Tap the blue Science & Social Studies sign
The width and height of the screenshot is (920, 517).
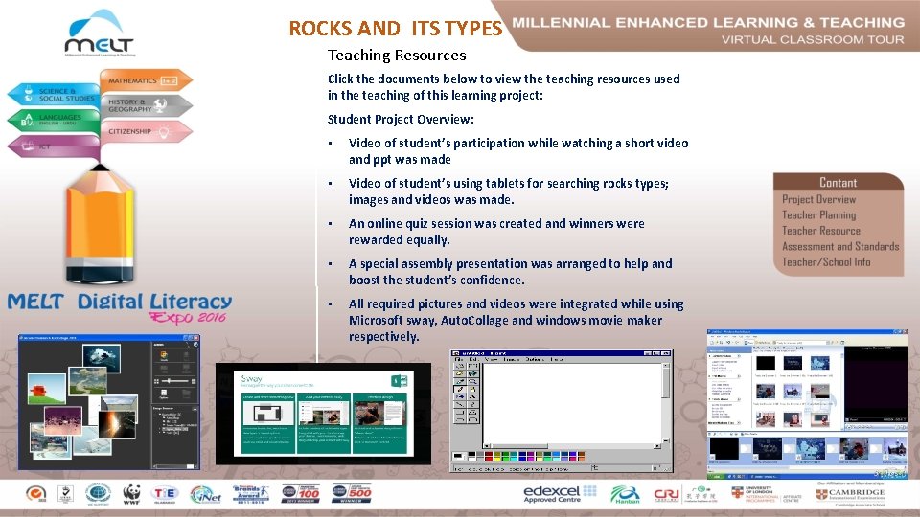click(53, 95)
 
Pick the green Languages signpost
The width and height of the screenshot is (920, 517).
click(53, 120)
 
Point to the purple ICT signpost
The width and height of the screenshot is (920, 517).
click(43, 146)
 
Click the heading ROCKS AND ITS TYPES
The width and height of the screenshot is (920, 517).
click(395, 29)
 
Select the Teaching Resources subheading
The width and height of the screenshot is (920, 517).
click(397, 56)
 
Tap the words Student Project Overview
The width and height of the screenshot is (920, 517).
click(401, 120)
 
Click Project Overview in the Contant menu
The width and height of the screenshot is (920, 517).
click(818, 199)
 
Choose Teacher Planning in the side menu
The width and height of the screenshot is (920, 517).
click(818, 215)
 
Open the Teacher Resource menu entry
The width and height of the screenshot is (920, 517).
click(821, 231)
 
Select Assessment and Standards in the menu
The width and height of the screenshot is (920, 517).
click(840, 246)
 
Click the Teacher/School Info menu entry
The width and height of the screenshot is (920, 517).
click(826, 261)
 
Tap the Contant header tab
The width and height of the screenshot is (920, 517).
click(838, 182)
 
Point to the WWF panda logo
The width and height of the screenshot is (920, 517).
click(132, 493)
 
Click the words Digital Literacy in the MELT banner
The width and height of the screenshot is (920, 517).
click(155, 303)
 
